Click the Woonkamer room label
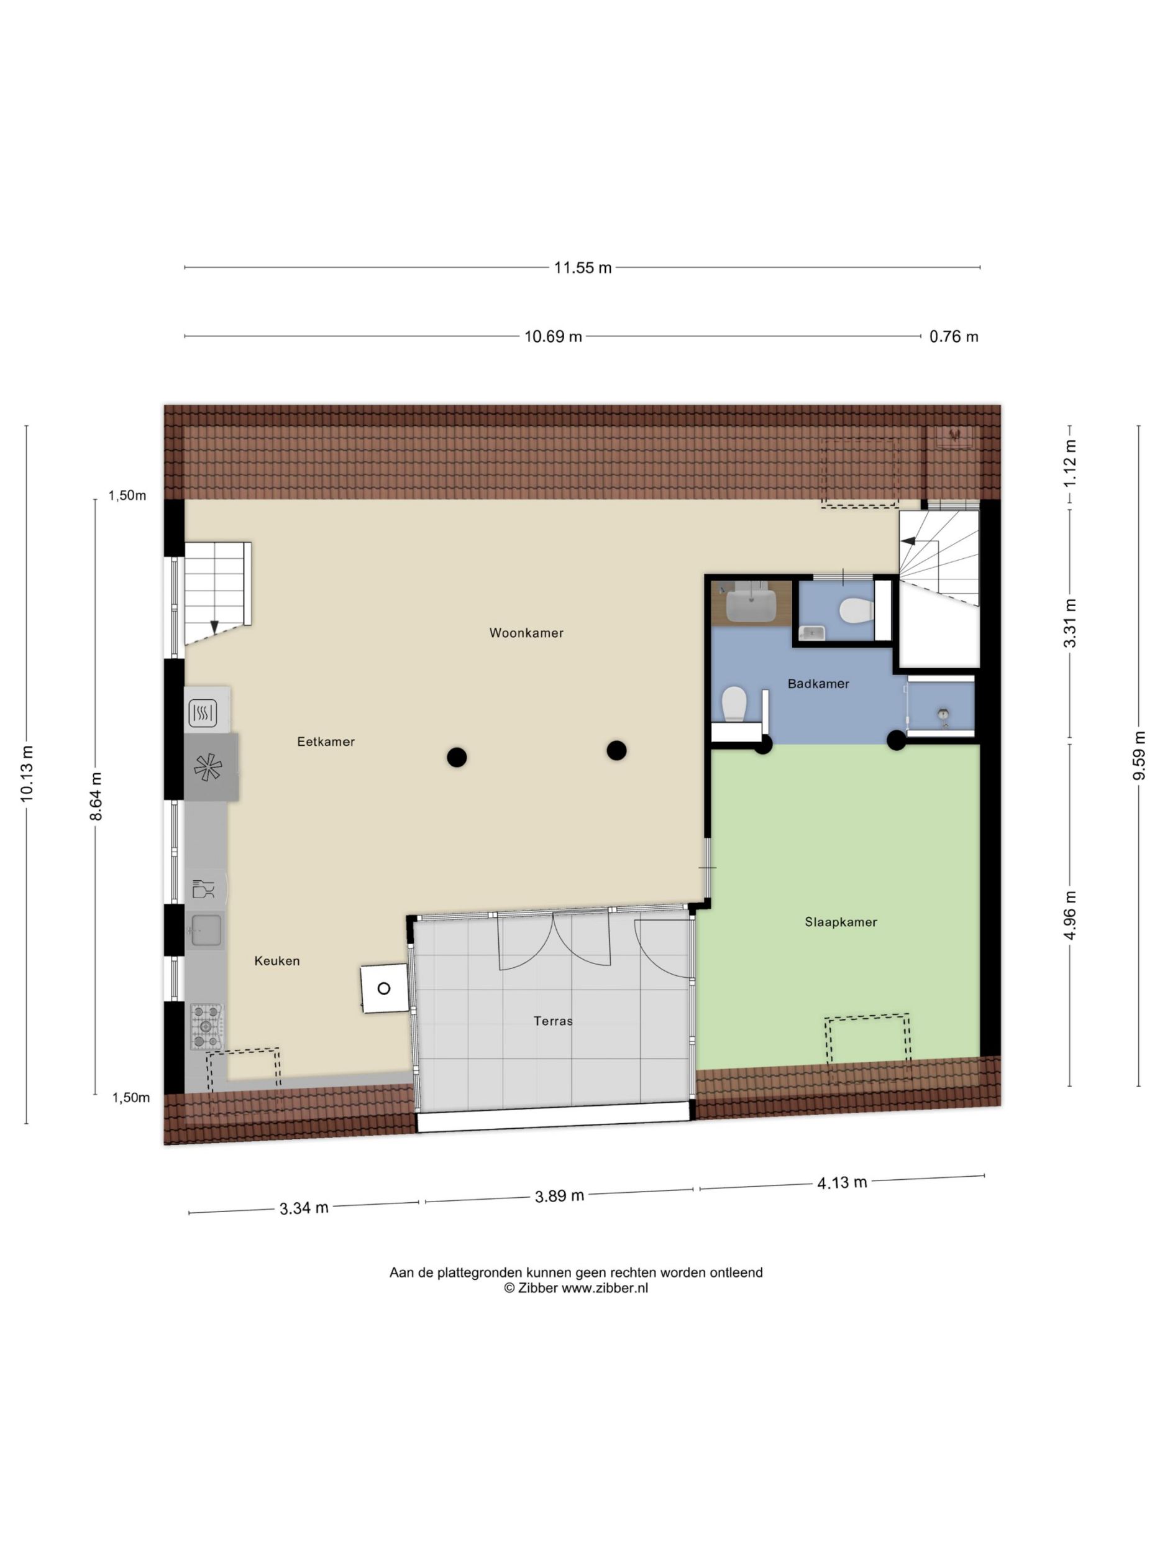point(526,633)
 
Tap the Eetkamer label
point(326,742)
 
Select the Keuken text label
point(276,961)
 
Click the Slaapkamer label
point(841,922)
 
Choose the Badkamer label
point(818,684)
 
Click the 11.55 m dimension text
point(583,268)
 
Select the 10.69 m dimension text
point(554,336)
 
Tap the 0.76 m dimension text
point(954,336)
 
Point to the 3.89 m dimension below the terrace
point(560,1196)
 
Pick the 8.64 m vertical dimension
point(96,796)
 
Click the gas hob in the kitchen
point(206,1026)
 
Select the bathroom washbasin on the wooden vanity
point(751,605)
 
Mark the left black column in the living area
point(457,756)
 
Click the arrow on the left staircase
point(214,627)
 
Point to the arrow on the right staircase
point(908,541)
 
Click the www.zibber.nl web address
point(605,1288)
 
